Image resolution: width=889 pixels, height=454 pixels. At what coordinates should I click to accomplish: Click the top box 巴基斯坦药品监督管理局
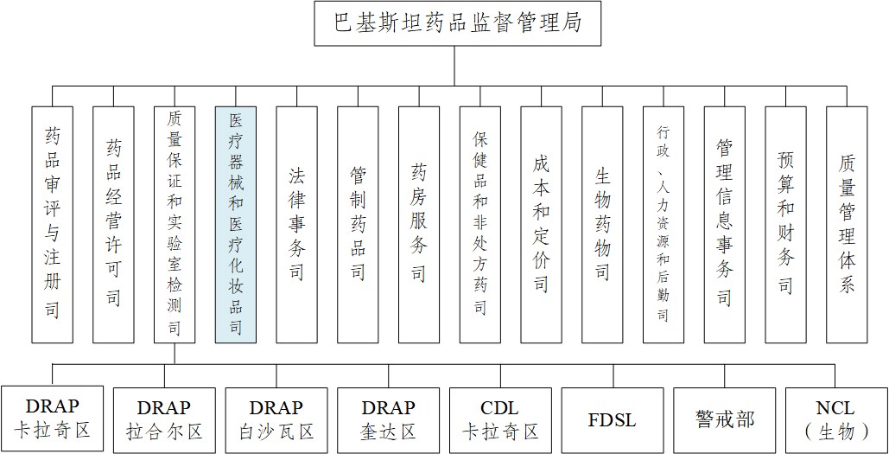coord(458,23)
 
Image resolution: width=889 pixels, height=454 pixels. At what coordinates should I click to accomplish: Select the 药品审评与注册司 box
coord(52,225)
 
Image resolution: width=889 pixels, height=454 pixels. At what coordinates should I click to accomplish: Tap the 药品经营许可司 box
coord(113,225)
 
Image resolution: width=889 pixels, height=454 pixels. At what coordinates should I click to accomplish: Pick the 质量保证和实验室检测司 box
coord(175,225)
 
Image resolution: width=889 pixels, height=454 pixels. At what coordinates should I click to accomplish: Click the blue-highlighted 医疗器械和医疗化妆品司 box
coord(236,225)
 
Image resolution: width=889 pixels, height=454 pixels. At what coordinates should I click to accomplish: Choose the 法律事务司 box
coord(297,225)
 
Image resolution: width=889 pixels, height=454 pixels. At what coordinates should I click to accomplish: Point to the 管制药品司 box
coord(358,225)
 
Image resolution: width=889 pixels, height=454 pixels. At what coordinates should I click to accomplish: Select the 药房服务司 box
coord(419,225)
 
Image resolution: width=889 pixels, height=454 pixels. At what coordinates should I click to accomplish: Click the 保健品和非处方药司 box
coord(480,225)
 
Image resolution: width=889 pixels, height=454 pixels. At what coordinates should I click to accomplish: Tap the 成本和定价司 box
coord(542,225)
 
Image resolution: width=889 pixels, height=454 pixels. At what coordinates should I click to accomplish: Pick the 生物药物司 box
coord(603,225)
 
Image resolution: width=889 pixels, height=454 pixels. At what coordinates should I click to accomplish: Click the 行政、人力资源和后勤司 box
coord(664,225)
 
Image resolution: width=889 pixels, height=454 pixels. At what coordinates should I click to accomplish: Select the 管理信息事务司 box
coord(725,225)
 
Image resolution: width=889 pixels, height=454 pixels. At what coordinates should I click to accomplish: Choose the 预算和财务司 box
coord(786,225)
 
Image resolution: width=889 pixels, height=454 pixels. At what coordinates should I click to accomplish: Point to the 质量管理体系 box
coord(847,225)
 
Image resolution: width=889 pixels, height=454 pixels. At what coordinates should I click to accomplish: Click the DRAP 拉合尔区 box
coord(164,420)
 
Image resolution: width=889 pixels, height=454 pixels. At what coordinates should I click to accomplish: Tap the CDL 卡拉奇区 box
coord(500,420)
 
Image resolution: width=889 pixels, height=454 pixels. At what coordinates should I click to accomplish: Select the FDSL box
coord(613,420)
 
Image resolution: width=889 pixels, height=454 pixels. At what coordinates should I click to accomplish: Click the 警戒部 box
coord(725,420)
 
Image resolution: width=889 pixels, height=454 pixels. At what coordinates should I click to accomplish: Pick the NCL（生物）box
coord(836,420)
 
